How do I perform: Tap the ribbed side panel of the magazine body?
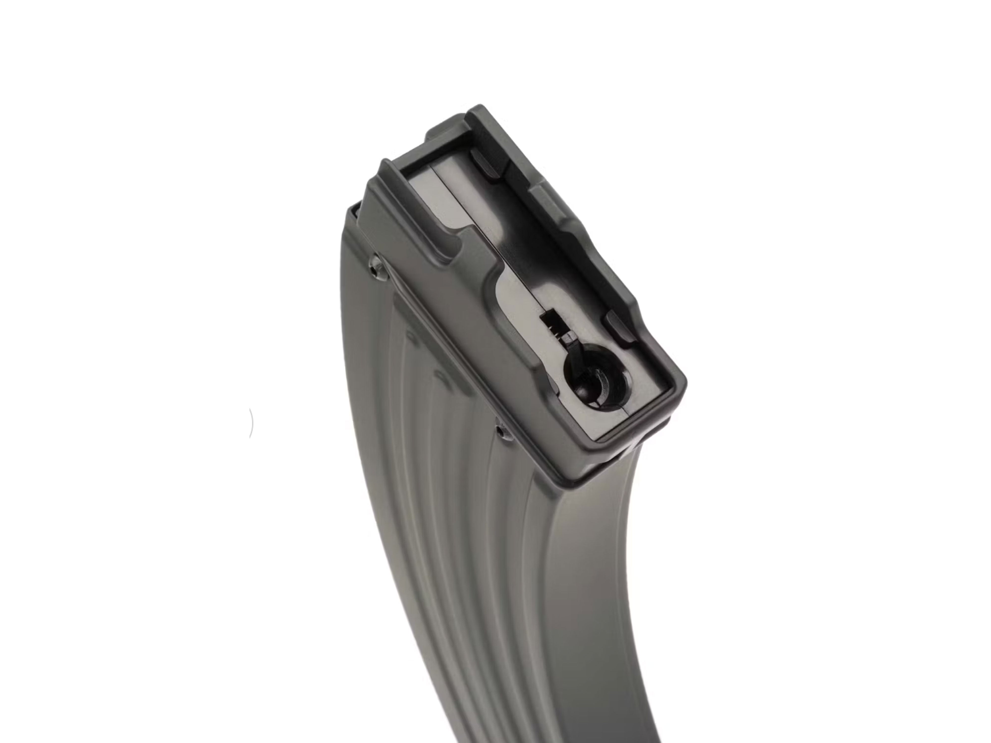click(x=448, y=537)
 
